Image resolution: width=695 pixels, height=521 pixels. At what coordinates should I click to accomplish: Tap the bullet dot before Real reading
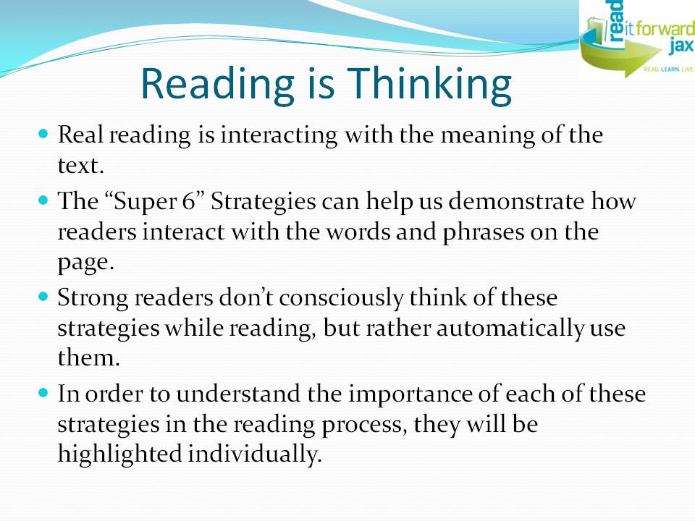tap(43, 135)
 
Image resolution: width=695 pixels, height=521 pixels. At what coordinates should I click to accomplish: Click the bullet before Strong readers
tap(43, 296)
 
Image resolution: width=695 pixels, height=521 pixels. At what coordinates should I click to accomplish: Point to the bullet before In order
tap(43, 394)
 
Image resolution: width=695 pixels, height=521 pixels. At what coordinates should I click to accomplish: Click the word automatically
tap(507, 329)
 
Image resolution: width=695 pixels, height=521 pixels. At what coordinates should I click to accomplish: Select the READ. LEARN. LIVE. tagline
tap(667, 71)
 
